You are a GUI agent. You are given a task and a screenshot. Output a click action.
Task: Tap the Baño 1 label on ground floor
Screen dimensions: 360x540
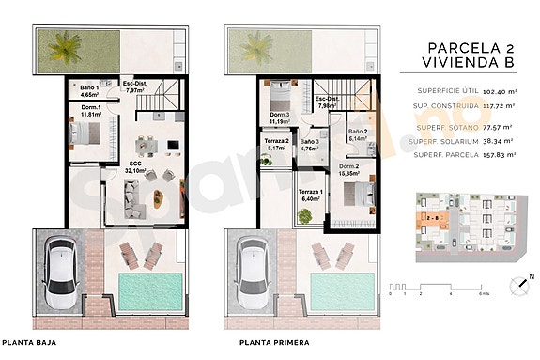pos(91,91)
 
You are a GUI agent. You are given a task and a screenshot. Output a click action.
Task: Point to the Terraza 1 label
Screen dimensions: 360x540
pos(310,196)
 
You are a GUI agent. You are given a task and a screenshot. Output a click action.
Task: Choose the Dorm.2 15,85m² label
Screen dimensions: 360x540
pos(352,170)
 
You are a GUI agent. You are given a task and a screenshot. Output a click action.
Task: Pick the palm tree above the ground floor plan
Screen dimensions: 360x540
pos(67,44)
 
